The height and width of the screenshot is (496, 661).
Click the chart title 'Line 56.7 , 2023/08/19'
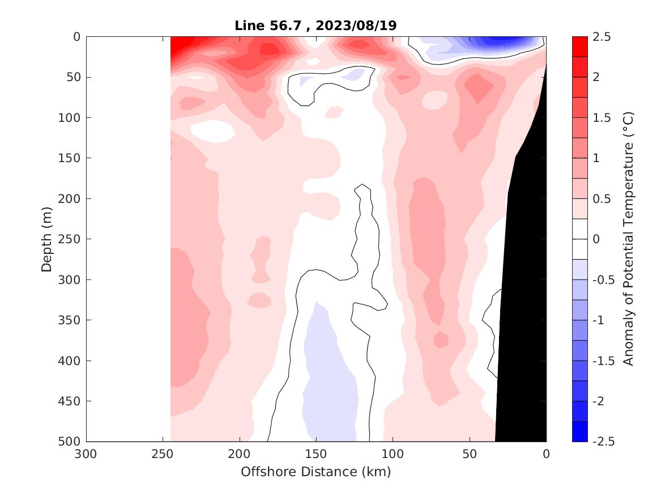[316, 26]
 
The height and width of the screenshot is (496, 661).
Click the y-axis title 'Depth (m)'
[47, 239]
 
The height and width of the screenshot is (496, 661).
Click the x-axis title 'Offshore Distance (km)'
[316, 472]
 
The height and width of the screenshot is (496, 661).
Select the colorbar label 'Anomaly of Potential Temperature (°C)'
[628, 239]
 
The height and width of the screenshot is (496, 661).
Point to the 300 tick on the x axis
[86, 453]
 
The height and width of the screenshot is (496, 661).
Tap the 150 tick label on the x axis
[316, 453]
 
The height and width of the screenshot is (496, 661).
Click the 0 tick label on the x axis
[546, 453]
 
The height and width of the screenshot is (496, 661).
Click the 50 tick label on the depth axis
[71, 77]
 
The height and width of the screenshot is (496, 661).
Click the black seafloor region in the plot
[524, 283]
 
